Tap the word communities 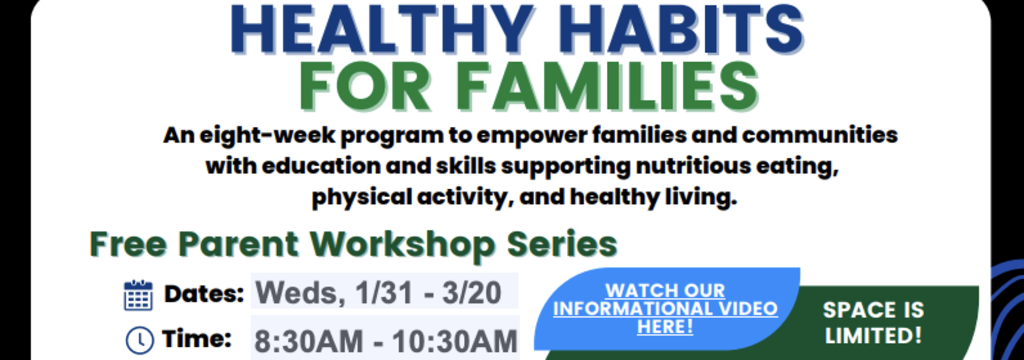(820, 135)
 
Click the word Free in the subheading (128, 244)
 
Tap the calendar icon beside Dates (138, 295)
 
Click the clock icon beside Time (140, 340)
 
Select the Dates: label (204, 294)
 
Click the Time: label (197, 338)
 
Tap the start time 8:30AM (308, 341)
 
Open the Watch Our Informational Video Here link (665, 308)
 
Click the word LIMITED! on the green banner (873, 336)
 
